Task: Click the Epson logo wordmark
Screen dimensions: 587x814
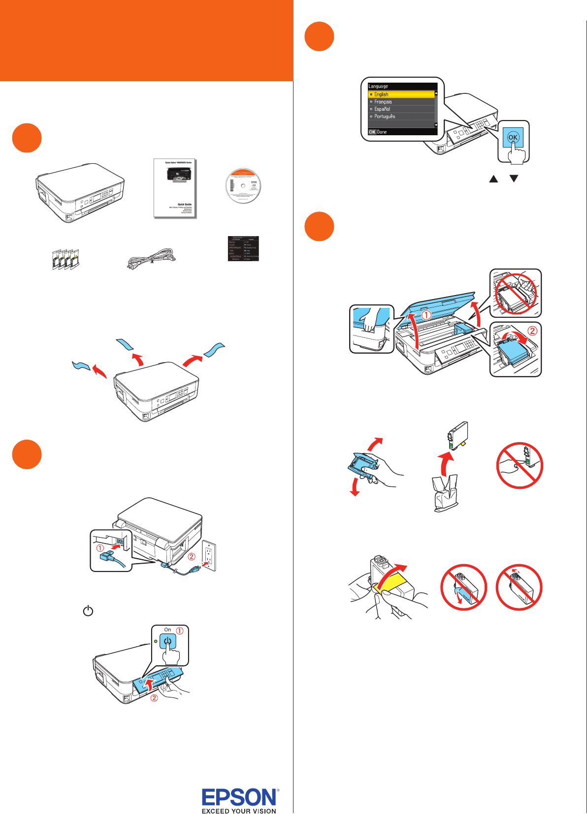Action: tap(240, 797)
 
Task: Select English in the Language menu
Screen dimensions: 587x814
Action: tap(381, 94)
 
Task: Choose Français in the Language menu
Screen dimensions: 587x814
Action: tap(383, 102)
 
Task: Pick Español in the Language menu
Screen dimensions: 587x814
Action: tap(382, 109)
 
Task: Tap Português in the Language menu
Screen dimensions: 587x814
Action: tap(384, 117)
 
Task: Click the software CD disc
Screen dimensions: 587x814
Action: tap(243, 186)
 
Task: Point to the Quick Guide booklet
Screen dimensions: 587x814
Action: tap(175, 188)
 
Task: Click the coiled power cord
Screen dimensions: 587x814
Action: tap(151, 259)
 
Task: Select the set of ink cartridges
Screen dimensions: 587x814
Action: tap(66, 259)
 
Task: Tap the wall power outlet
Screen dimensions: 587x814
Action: tap(209, 555)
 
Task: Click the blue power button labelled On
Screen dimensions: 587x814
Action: tap(168, 642)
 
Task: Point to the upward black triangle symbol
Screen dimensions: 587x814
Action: tap(493, 179)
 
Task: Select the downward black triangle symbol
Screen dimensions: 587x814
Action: tap(514, 179)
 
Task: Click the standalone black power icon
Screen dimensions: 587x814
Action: tap(88, 611)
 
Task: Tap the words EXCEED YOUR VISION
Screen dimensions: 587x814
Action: tap(239, 811)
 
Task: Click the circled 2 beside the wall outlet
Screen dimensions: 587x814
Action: tap(192, 557)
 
